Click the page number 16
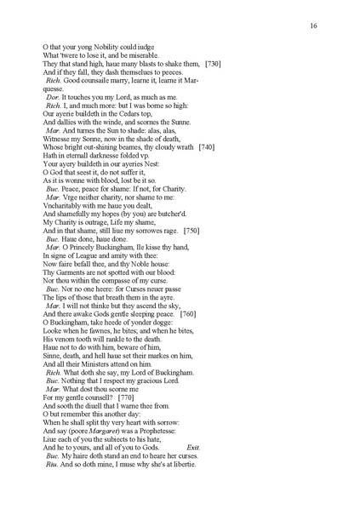point(313,26)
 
